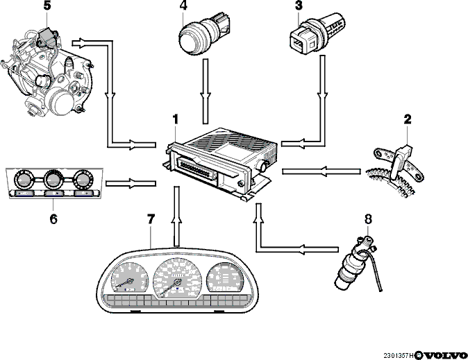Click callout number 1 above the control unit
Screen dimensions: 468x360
pos(176,119)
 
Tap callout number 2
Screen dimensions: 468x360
pos(408,119)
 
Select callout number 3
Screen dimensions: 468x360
pos(299,6)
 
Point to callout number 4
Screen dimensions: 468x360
pos(183,6)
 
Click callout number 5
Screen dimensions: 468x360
pos(47,6)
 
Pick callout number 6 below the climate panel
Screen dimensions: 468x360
pos(53,219)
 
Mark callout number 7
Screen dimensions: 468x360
pos(151,219)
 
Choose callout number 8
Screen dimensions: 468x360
pos(368,219)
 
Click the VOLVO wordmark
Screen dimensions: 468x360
pos(444,355)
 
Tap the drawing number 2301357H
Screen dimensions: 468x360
pos(399,356)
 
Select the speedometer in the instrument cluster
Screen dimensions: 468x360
pos(176,278)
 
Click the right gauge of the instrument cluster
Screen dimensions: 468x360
pos(226,277)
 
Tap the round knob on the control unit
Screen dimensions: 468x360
pos(263,166)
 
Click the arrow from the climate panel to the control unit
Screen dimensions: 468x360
pos(131,183)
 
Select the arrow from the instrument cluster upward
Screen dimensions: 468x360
pos(176,216)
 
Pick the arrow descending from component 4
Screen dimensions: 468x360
pos(206,91)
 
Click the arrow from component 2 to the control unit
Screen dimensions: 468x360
pos(321,171)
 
